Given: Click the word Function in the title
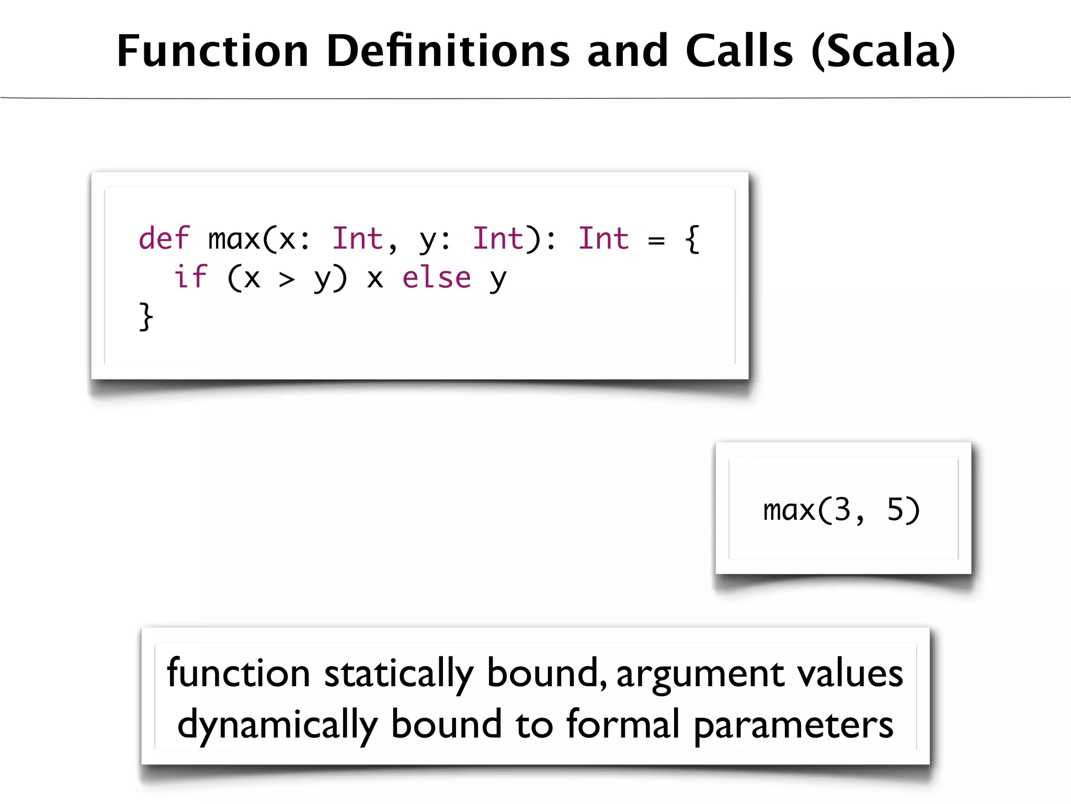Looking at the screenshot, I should [213, 51].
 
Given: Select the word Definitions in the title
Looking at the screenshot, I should [448, 51].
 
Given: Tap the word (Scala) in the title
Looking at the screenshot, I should [883, 51].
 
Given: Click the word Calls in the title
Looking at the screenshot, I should [739, 51].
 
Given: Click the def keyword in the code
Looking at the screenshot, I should [164, 239].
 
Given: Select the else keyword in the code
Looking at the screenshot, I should [436, 277].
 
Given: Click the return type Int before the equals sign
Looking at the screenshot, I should [603, 239].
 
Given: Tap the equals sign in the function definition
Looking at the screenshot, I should [656, 241].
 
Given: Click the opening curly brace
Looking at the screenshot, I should [692, 240].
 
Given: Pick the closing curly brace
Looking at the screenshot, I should [146, 316].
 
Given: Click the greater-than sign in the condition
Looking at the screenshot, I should [287, 280].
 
